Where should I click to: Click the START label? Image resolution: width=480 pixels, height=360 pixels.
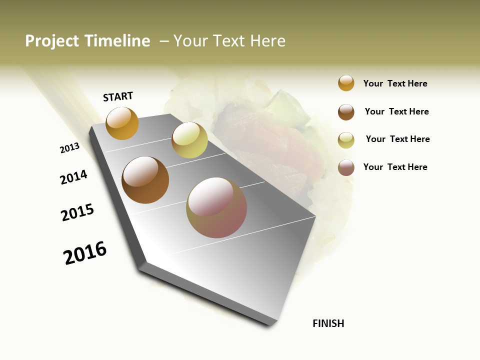coord(118,96)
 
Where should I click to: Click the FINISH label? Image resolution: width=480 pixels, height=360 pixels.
coord(328,323)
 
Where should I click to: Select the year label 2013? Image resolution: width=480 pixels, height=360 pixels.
coord(70,148)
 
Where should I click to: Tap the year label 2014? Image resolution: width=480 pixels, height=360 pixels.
coord(74,177)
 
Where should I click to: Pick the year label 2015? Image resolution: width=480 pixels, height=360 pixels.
coord(77,212)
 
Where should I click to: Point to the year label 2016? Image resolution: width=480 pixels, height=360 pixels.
coord(85,252)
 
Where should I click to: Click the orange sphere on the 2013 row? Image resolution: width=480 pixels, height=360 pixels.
coord(122,123)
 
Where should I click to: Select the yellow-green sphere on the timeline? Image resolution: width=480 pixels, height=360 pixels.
coord(189,140)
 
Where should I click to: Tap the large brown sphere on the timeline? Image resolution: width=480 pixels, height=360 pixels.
coord(145,180)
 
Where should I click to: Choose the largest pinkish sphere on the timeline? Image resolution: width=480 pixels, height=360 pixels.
coord(216,207)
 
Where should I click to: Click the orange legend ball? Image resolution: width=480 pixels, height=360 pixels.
coord(346,83)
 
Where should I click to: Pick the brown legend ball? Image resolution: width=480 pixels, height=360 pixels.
coord(346,112)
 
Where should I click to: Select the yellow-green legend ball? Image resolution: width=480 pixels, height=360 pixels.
coord(346,140)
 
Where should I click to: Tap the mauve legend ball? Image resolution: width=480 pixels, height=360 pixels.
coord(346,167)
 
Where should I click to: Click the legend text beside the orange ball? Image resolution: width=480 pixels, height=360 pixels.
coord(395,83)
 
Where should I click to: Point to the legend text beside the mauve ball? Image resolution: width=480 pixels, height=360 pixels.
coord(395,167)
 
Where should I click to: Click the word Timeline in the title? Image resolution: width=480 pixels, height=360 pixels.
coord(117,41)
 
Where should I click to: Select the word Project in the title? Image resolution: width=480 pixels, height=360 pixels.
coord(52,41)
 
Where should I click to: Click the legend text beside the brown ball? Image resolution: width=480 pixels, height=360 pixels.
coord(396,111)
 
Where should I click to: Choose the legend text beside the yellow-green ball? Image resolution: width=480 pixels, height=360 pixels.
coord(397,139)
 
